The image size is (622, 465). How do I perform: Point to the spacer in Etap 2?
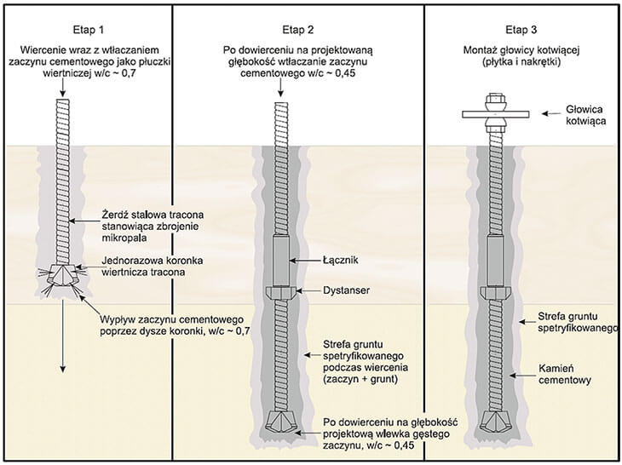[x=283, y=293]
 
